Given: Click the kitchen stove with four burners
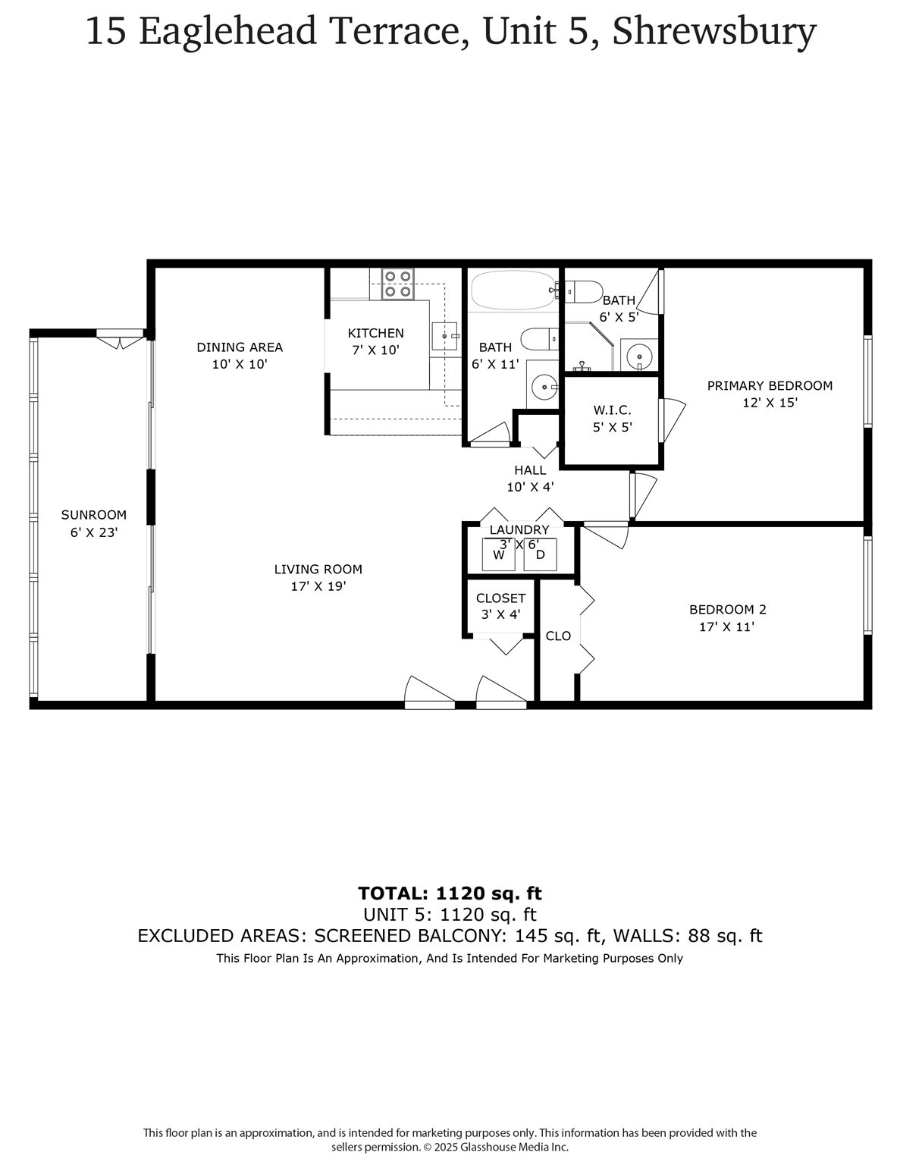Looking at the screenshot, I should tap(398, 284).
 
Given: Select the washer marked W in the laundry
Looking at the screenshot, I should tap(499, 554).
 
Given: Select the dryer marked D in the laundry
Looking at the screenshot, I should tap(540, 554).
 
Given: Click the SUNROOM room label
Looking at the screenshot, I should tap(94, 515).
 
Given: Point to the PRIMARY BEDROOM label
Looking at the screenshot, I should tap(770, 385).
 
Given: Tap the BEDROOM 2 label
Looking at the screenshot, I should tap(727, 609).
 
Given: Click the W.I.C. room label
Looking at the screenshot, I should tap(612, 410).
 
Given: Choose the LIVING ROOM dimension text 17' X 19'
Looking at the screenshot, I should tap(318, 586).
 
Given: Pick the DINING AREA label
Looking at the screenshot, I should tap(240, 347).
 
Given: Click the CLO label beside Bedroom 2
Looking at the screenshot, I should tap(558, 636).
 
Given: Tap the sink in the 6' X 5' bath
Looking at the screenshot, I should tap(640, 355).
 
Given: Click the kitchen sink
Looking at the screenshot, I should tap(445, 334).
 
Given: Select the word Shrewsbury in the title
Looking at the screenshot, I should tap(713, 32).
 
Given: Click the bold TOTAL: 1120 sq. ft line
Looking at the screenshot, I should tap(450, 893).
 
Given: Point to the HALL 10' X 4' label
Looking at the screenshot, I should tap(530, 479).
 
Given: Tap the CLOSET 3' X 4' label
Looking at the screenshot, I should tap(500, 606).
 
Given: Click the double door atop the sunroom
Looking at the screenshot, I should tap(120, 339).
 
